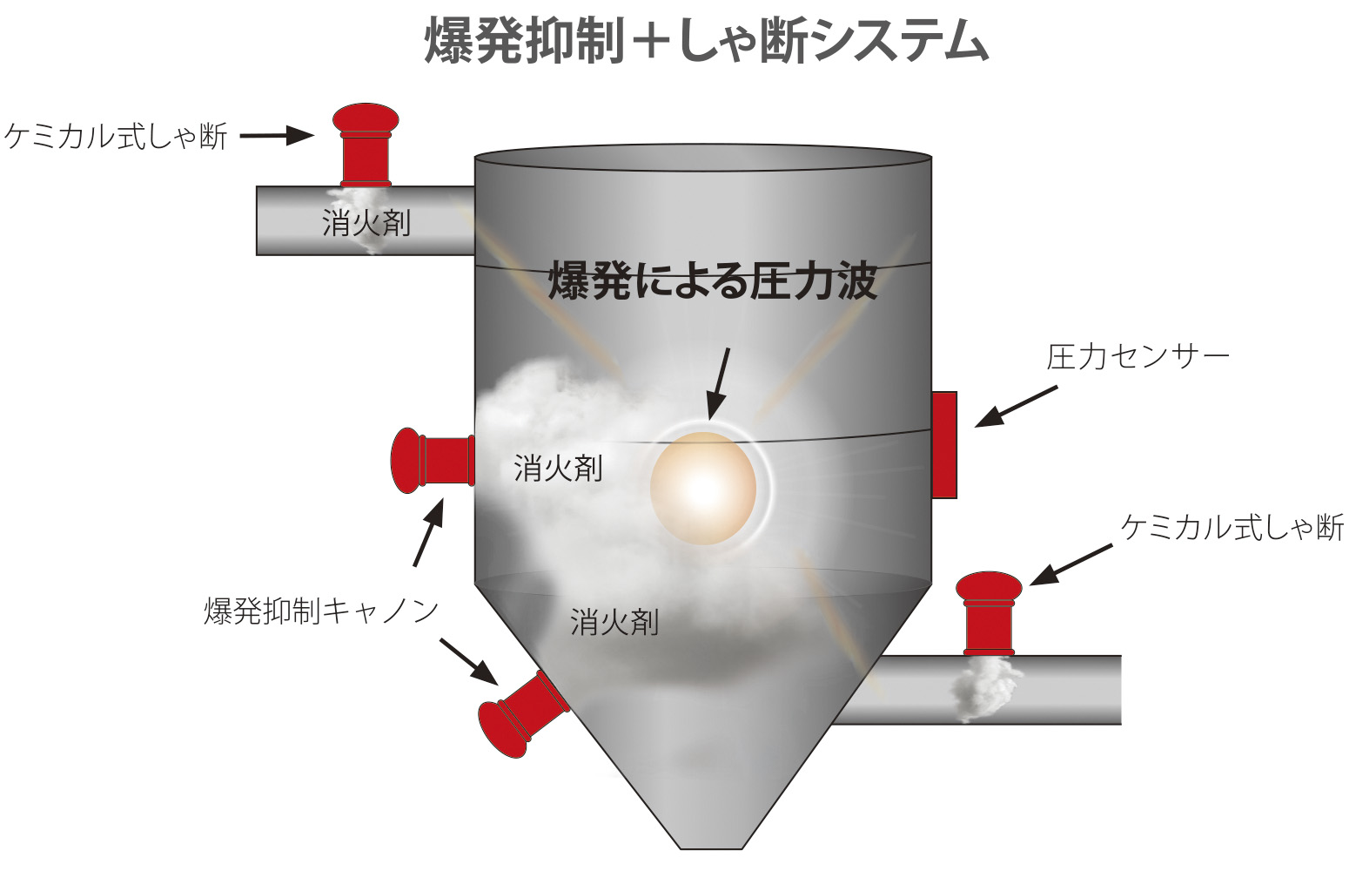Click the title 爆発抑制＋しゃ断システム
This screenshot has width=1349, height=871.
(707, 40)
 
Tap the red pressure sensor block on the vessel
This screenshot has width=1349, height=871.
(944, 445)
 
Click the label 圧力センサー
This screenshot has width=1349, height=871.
(1138, 357)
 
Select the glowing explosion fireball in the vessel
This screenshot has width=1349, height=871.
(703, 489)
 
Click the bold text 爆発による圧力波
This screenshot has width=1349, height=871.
(713, 280)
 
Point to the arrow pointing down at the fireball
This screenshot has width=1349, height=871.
(719, 383)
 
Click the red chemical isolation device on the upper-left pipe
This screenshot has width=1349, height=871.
(366, 145)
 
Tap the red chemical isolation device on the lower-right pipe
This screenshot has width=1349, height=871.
(989, 613)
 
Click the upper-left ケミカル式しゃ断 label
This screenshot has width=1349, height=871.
(116, 136)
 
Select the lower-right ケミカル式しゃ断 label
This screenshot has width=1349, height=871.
(1232, 528)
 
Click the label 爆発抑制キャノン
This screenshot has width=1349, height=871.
(321, 611)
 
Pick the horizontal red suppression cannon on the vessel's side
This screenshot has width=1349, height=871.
(433, 461)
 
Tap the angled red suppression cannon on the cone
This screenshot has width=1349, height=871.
(523, 713)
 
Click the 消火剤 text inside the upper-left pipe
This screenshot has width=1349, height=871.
(366, 224)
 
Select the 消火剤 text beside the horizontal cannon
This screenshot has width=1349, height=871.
(558, 469)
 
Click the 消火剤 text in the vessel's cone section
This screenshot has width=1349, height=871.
(614, 622)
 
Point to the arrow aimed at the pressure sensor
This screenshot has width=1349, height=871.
(1016, 407)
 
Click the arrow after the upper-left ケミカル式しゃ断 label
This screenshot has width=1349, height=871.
(277, 136)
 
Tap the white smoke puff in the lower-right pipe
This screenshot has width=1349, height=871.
(984, 690)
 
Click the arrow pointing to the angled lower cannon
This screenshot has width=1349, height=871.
(469, 662)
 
